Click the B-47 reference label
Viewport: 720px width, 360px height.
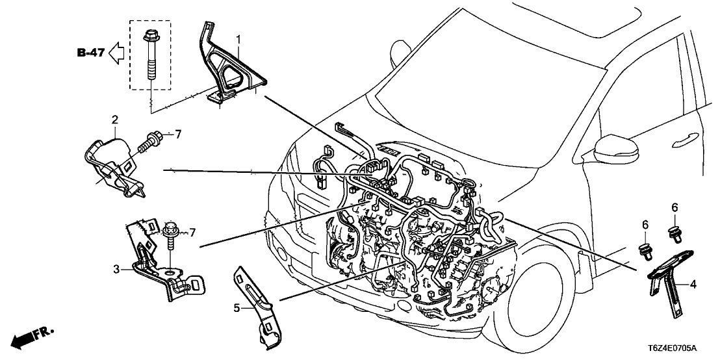click(91, 53)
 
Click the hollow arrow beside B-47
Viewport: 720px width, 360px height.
click(118, 53)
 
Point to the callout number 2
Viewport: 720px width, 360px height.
click(114, 120)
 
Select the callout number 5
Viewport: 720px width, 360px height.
click(237, 307)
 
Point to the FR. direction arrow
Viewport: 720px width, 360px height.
click(32, 337)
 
